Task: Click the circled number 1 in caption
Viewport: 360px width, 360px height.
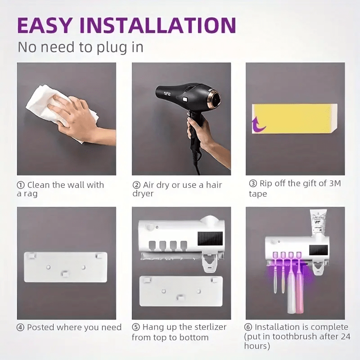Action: [21, 185]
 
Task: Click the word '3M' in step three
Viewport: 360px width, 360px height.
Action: [335, 183]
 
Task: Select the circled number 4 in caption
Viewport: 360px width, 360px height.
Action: [21, 328]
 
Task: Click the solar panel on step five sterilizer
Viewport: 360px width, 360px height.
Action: [210, 239]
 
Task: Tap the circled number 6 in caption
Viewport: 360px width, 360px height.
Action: [248, 327]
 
